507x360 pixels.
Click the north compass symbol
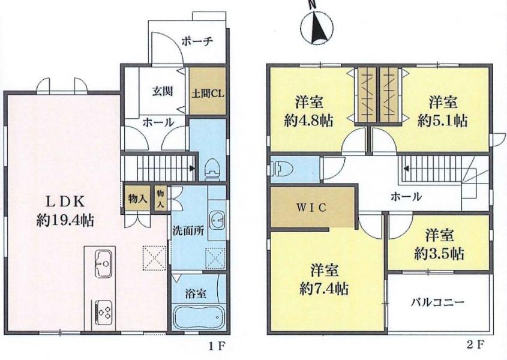[317, 27]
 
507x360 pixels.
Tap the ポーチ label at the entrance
[197, 41]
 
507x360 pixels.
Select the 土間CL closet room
[207, 91]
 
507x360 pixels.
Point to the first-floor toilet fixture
[212, 169]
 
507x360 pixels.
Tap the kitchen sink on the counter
[103, 263]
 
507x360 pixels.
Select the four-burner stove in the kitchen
[103, 312]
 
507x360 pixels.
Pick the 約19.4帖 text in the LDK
[65, 221]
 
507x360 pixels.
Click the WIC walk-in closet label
[312, 208]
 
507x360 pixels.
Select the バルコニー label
[438, 302]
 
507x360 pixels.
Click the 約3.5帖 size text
[439, 254]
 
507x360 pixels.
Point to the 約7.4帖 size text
[324, 288]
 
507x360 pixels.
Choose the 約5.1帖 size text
[443, 121]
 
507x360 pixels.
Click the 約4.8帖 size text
[309, 121]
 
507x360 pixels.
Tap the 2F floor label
[476, 346]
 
